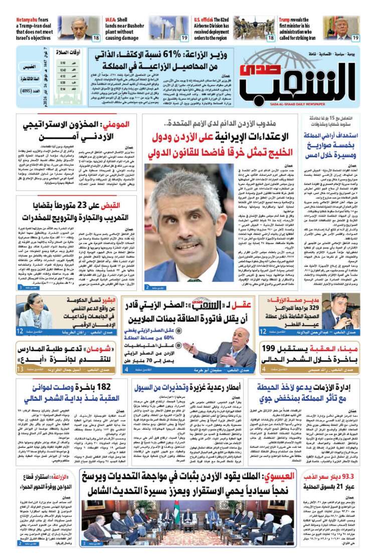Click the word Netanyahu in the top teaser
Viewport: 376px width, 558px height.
coord(28,20)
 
